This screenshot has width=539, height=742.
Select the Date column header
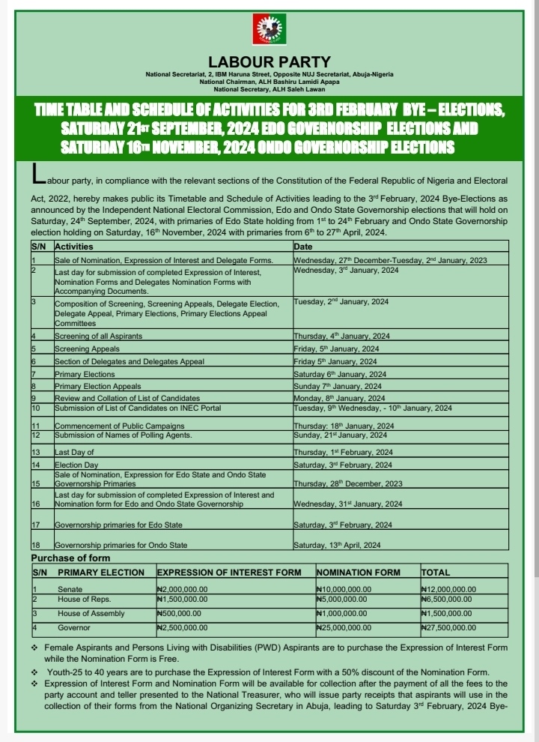pos(303,246)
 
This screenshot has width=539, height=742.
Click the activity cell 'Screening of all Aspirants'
pos(98,336)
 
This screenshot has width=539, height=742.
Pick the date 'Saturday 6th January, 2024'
pos(340,373)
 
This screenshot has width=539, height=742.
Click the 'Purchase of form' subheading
pos(70,558)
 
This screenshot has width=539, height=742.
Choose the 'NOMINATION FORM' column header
pos(359,573)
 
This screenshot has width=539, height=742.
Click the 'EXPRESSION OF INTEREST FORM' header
pos(228,573)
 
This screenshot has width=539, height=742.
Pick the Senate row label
pos(70,589)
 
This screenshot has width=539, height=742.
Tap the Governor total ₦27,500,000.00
pos(449,627)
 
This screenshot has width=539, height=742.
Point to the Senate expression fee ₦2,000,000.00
pos(182,590)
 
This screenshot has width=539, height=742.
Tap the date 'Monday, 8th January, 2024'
pos(339,398)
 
